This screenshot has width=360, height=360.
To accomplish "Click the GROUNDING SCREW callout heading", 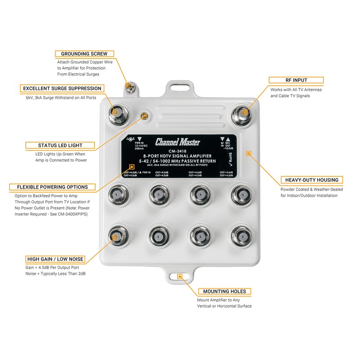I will [x=84, y=54].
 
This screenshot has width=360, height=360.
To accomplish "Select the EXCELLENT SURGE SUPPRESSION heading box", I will [x=62, y=88].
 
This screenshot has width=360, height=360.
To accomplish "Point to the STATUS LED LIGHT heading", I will [x=60, y=145].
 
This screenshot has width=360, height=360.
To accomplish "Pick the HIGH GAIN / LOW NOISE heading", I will [x=55, y=259].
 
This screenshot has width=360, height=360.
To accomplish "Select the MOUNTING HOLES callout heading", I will [x=224, y=291].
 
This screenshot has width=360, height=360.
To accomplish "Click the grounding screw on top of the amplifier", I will [x=128, y=85].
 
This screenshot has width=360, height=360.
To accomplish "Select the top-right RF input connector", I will [x=244, y=112].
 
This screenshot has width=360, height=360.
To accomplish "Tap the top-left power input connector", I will [x=115, y=112].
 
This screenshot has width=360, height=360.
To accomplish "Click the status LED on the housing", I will [x=144, y=117].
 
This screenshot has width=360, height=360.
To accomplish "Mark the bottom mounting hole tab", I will [x=180, y=276].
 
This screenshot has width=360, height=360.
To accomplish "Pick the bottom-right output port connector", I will [x=242, y=235].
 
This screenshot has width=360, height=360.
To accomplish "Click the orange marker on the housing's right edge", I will [x=248, y=153].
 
